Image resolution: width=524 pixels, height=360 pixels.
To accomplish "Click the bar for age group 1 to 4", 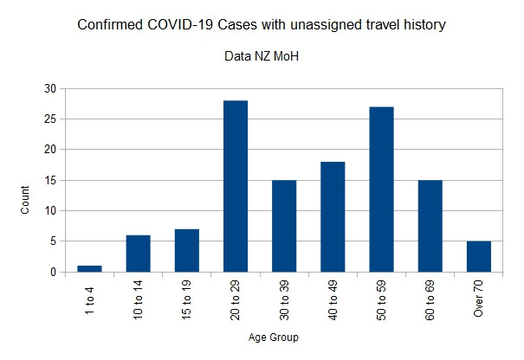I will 89,268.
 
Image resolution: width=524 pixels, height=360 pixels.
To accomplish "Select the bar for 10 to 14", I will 138,254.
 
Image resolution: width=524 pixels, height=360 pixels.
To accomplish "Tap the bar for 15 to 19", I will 186,250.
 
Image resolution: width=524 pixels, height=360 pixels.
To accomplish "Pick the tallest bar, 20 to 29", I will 235,186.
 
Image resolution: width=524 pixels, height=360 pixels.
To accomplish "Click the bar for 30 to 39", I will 283,226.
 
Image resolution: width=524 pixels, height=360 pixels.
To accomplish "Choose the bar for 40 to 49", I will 332,216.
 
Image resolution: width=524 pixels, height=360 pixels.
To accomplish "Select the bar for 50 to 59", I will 381,190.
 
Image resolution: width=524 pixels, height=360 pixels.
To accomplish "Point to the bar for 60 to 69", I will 430,226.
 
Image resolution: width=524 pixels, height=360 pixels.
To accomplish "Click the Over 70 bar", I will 478,256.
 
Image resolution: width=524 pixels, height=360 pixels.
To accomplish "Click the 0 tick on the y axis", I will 53,272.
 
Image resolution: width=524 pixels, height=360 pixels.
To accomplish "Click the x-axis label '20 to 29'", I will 236,299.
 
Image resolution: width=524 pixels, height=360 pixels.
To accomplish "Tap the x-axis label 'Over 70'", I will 479,299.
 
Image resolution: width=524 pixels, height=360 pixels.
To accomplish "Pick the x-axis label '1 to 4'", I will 90,295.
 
